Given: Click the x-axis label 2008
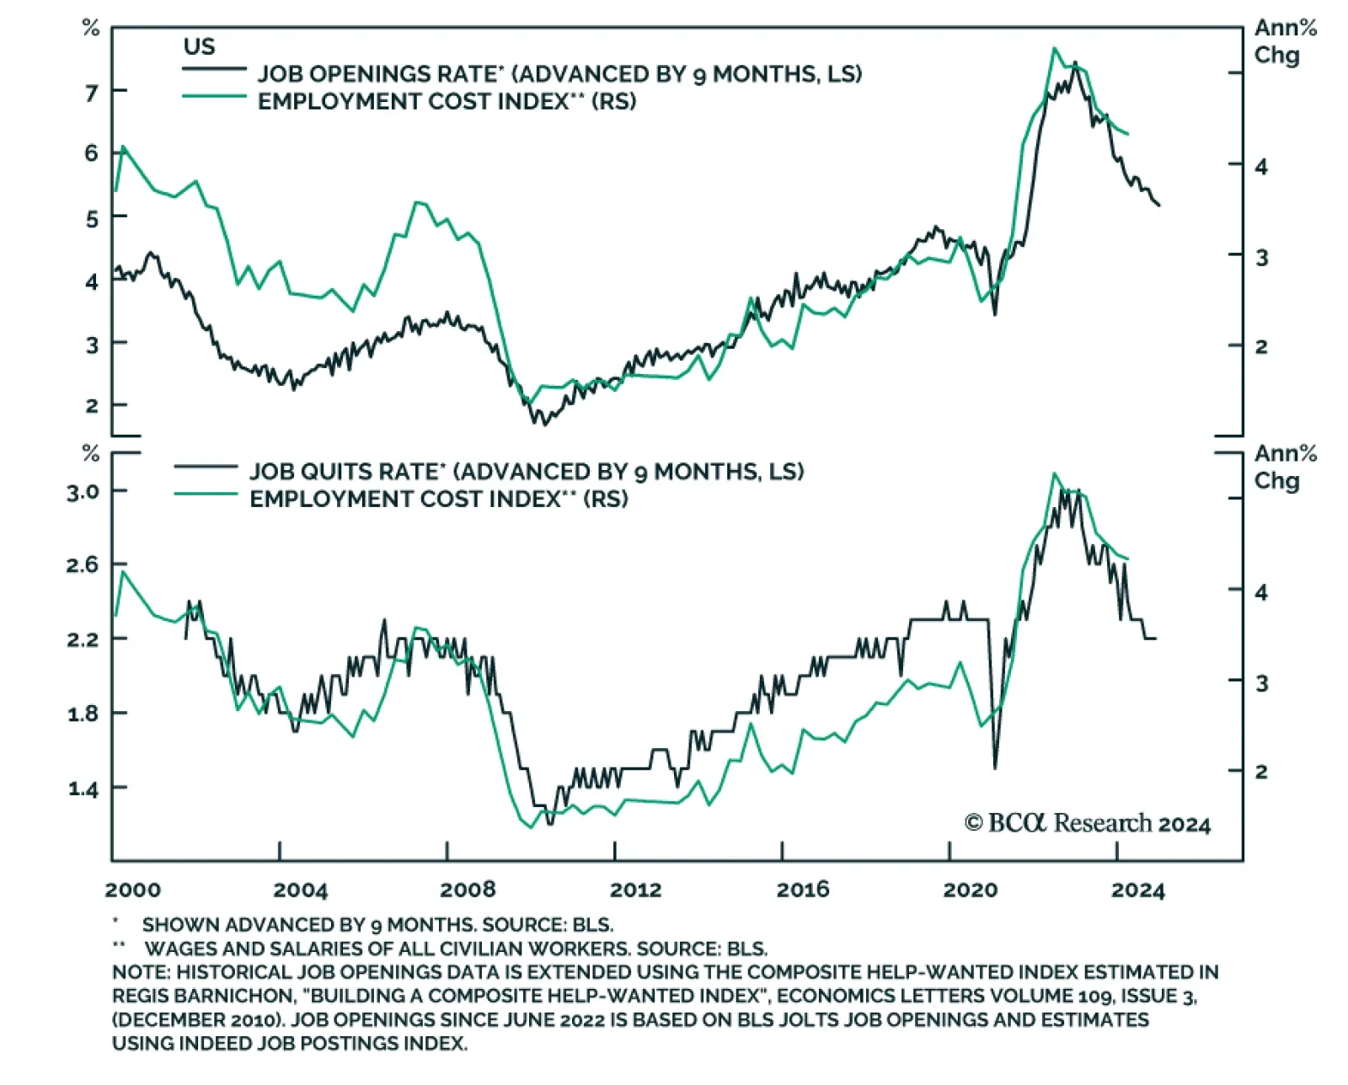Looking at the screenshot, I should pyautogui.click(x=468, y=890).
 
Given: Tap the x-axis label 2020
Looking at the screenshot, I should pyautogui.click(x=970, y=890).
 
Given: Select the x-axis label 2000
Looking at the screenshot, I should pyautogui.click(x=133, y=890).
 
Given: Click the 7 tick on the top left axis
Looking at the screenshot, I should pyautogui.click(x=92, y=92).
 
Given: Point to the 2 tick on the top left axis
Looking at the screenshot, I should pyautogui.click(x=92, y=405).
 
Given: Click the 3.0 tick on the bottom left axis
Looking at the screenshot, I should pyautogui.click(x=83, y=491).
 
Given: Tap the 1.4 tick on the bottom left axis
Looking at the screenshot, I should pyautogui.click(x=83, y=788).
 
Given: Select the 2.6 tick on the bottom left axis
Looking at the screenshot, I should pyautogui.click(x=83, y=564).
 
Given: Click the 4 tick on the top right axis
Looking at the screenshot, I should pyautogui.click(x=1261, y=166).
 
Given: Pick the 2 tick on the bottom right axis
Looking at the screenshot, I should pyautogui.click(x=1261, y=771).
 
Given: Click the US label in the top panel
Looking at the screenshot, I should pyautogui.click(x=200, y=46).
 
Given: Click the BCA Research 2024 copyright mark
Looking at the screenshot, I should pyautogui.click(x=1088, y=823).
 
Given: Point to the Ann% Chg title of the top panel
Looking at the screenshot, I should pyautogui.click(x=1285, y=41).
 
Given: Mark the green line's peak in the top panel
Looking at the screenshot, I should pyautogui.click(x=1054, y=48).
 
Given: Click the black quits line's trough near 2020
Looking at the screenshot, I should pyautogui.click(x=995, y=767).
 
